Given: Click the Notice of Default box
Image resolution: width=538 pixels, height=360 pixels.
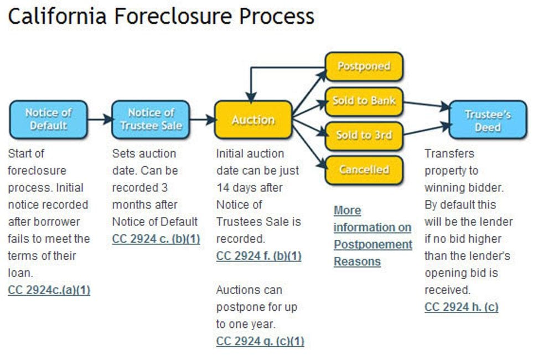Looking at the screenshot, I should point(48,119).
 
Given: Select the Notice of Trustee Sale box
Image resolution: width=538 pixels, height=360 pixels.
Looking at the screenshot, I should point(151,119).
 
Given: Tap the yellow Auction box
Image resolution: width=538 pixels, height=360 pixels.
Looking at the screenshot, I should point(253,120).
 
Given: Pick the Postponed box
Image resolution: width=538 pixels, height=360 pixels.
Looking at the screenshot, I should point(364,66).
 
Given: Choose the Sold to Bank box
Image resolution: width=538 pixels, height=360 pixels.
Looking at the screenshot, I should point(364,101).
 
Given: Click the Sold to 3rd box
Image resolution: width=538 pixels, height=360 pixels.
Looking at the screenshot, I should point(364,135).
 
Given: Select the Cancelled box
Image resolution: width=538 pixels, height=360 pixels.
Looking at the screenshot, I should point(364,169).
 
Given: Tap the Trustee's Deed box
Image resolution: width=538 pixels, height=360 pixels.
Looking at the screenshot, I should point(487,120).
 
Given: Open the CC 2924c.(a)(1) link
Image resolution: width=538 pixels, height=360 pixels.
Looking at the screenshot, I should point(49,290).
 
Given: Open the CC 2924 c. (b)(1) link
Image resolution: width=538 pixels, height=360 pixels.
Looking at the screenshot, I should point(156,239).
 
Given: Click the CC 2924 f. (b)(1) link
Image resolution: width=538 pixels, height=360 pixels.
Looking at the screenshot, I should point(258,256).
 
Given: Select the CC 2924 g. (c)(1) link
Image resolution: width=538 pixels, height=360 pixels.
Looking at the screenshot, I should point(260,341).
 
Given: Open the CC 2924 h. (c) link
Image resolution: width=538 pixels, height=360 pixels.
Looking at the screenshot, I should point(461,307).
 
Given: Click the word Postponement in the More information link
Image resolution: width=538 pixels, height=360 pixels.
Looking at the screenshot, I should point(373,244).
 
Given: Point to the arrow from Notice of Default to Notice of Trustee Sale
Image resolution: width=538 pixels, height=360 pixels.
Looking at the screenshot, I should point(100,119).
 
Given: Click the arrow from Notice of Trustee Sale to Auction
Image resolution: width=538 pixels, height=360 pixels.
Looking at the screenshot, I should point(202,119).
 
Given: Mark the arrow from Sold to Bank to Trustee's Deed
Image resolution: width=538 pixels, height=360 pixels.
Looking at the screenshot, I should point(426,104).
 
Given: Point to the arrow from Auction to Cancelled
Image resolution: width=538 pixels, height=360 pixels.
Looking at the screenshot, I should point(308,147).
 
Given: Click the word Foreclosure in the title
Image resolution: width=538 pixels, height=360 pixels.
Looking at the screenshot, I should point(171,17).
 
